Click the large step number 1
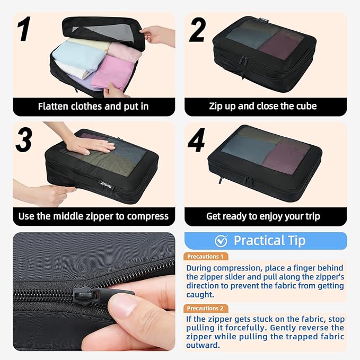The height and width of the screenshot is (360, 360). [x=24, y=29]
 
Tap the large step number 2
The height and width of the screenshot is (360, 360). [x=197, y=30]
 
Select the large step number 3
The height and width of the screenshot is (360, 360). [x=24, y=139]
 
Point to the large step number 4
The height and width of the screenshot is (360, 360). [x=196, y=140]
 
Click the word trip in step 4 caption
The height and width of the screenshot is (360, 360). [x=312, y=216]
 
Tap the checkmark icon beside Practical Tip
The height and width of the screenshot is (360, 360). [x=221, y=241]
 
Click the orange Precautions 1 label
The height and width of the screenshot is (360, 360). [x=206, y=257]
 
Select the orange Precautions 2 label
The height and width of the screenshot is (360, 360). [x=206, y=308]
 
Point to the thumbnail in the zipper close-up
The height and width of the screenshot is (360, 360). [x=124, y=305]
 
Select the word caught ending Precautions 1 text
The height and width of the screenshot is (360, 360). [x=200, y=295]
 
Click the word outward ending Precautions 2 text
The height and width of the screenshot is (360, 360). [x=203, y=345]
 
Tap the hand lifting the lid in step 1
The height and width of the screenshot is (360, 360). [x=158, y=36]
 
